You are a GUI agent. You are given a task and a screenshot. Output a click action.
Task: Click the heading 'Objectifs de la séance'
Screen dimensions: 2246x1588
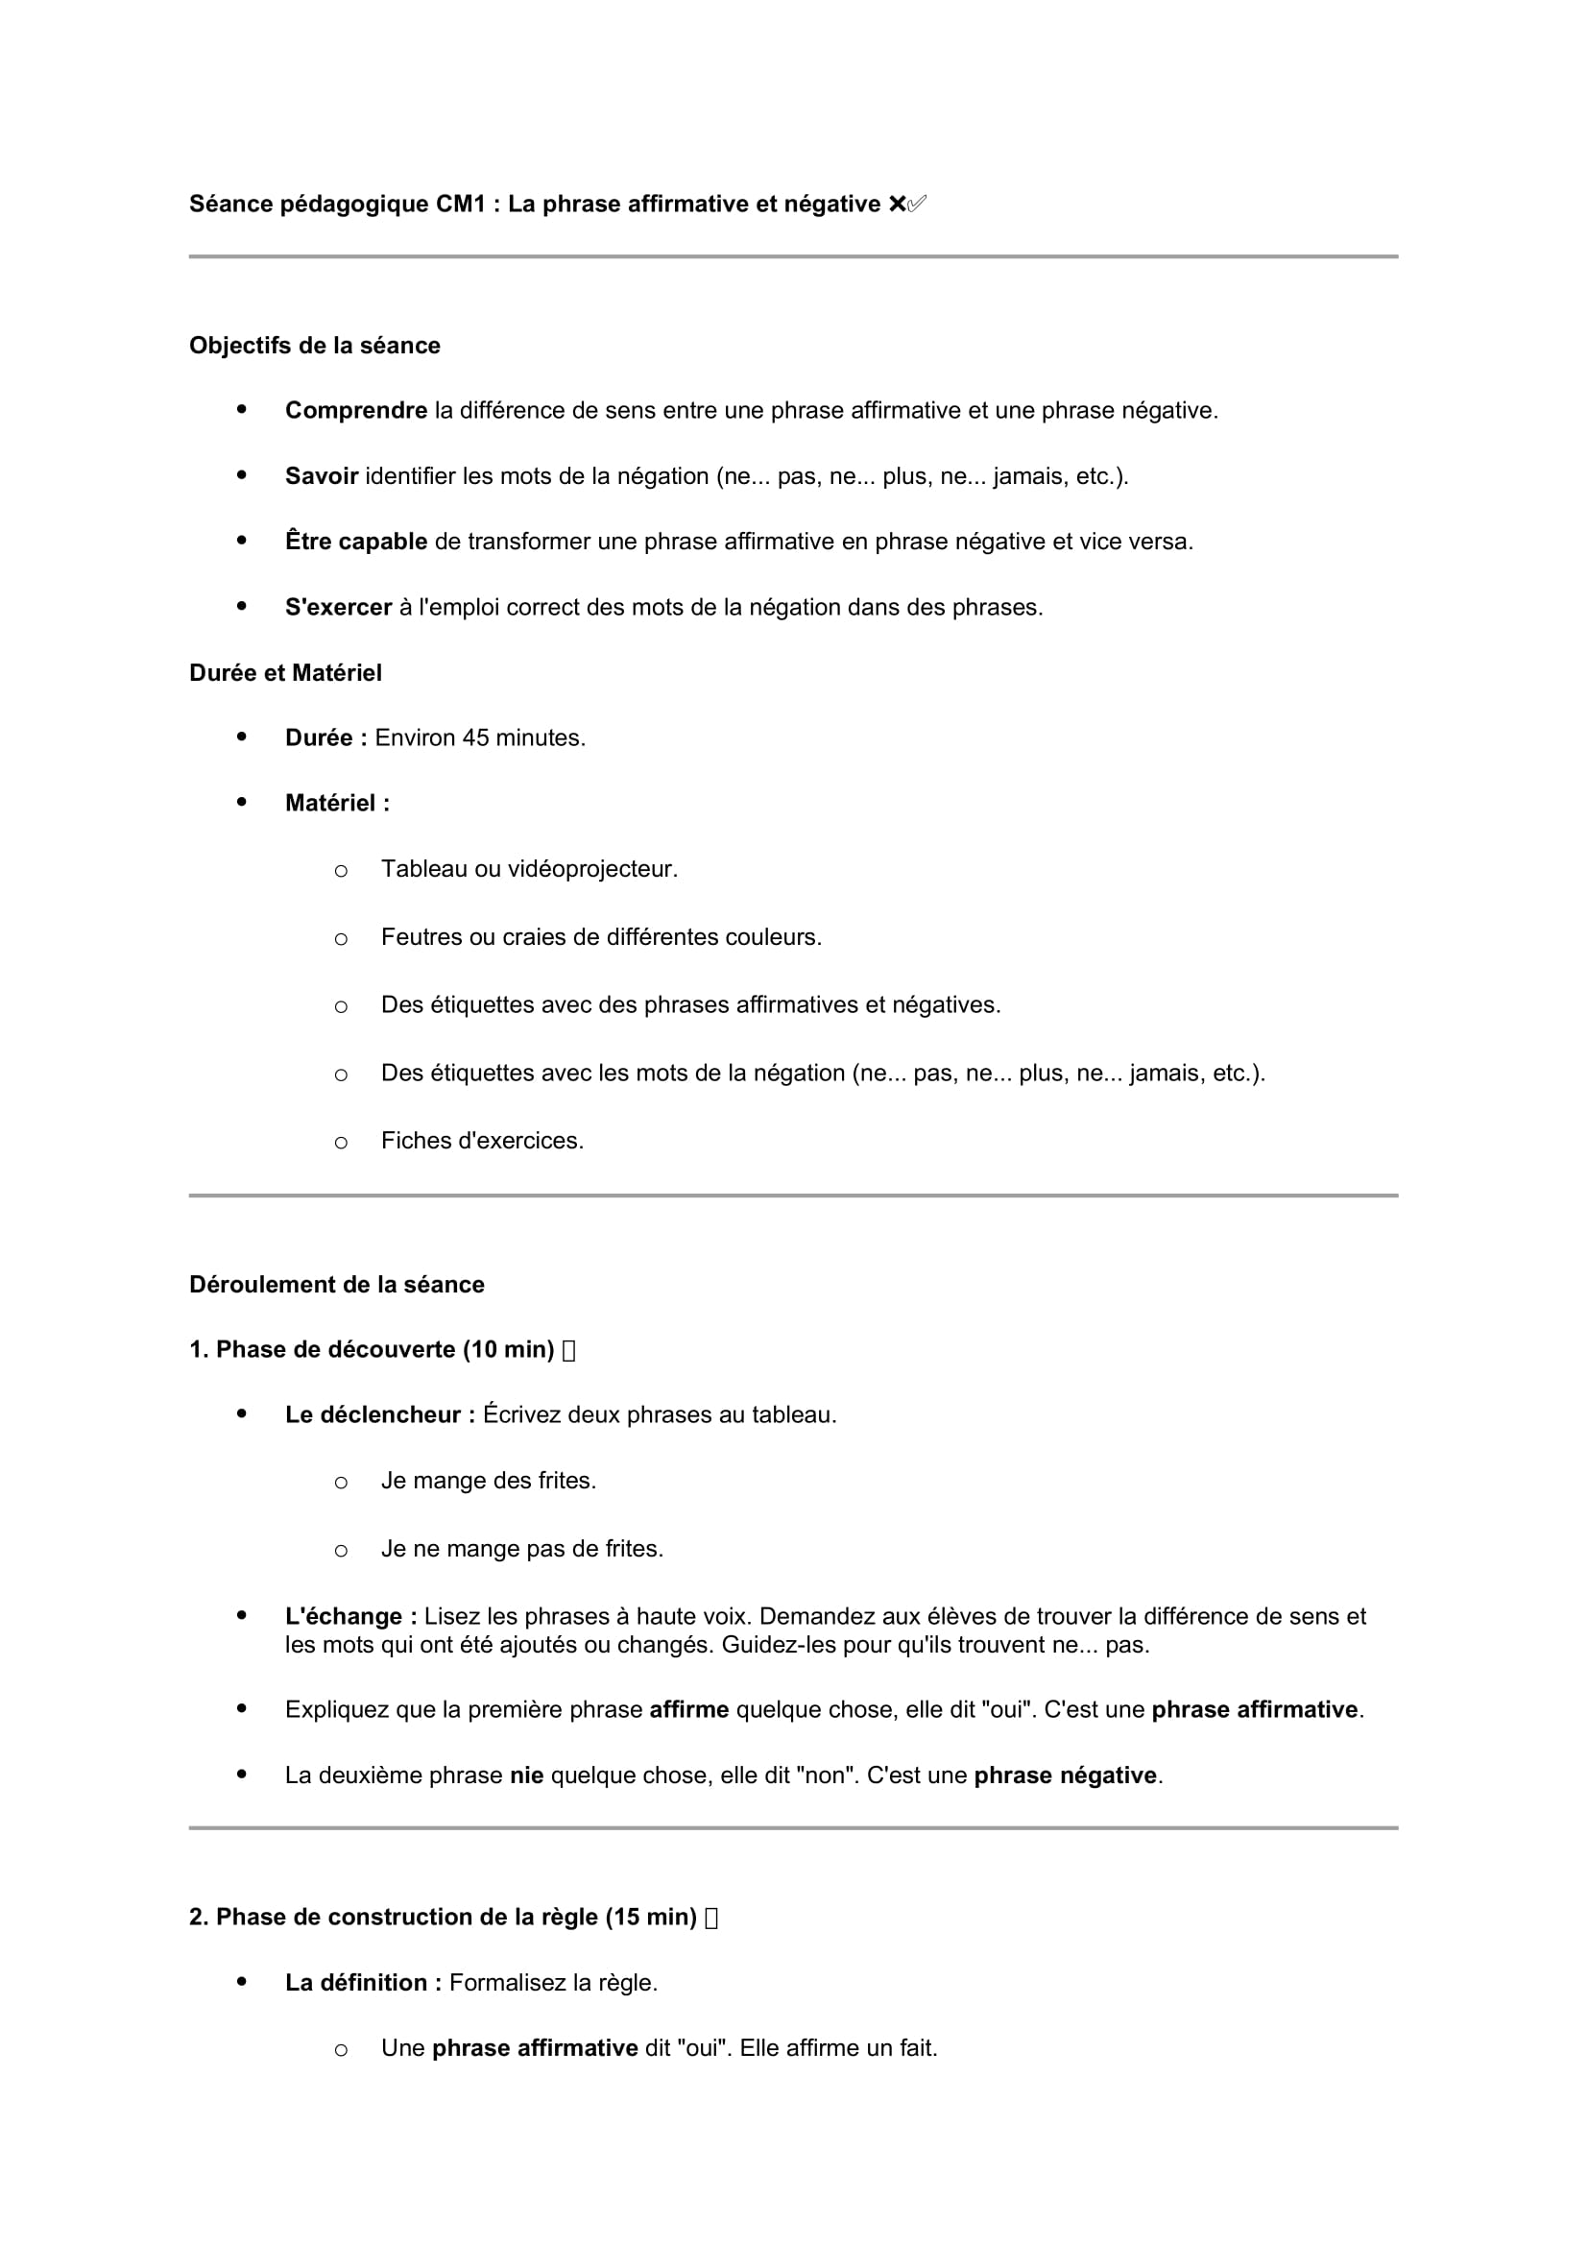coord(314,346)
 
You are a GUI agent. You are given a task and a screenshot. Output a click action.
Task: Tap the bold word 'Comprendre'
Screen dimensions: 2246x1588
coord(355,411)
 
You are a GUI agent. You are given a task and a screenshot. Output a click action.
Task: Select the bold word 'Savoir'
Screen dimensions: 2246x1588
coord(321,476)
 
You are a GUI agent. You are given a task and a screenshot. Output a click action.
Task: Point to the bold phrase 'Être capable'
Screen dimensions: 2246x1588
coord(355,541)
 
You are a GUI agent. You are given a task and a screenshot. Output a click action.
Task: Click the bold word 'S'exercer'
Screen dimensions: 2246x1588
coord(337,608)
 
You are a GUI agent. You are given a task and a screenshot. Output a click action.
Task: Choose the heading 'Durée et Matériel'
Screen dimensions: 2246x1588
coord(284,673)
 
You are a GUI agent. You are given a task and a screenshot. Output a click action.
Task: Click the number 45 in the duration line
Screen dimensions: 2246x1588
coord(475,737)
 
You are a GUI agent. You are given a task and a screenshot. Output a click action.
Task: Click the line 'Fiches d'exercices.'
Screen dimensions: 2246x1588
coord(481,1141)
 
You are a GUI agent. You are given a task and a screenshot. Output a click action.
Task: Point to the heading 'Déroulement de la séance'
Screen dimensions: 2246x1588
coord(336,1285)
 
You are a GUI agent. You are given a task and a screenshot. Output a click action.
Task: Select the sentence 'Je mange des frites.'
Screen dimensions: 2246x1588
coord(488,1481)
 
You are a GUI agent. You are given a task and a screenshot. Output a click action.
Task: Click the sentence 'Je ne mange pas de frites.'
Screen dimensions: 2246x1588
coord(521,1549)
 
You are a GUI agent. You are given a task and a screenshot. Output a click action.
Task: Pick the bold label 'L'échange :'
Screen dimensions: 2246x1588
coord(350,1616)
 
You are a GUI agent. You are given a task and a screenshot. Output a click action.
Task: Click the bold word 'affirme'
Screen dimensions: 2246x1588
coord(688,1710)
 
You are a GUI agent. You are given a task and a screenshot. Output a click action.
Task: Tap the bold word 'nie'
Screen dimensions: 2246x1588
coord(526,1775)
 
